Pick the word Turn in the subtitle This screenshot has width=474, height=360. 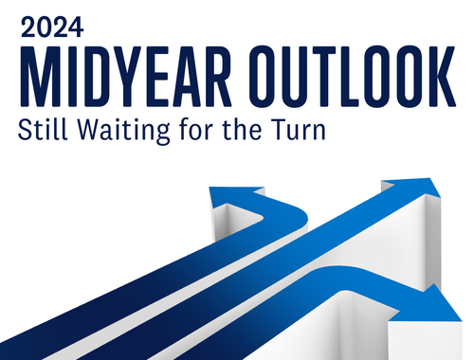[x=300, y=130]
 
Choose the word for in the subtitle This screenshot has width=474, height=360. [x=188, y=130]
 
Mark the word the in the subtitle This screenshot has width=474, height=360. [x=239, y=130]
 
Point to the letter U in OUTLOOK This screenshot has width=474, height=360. [x=301, y=74]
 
